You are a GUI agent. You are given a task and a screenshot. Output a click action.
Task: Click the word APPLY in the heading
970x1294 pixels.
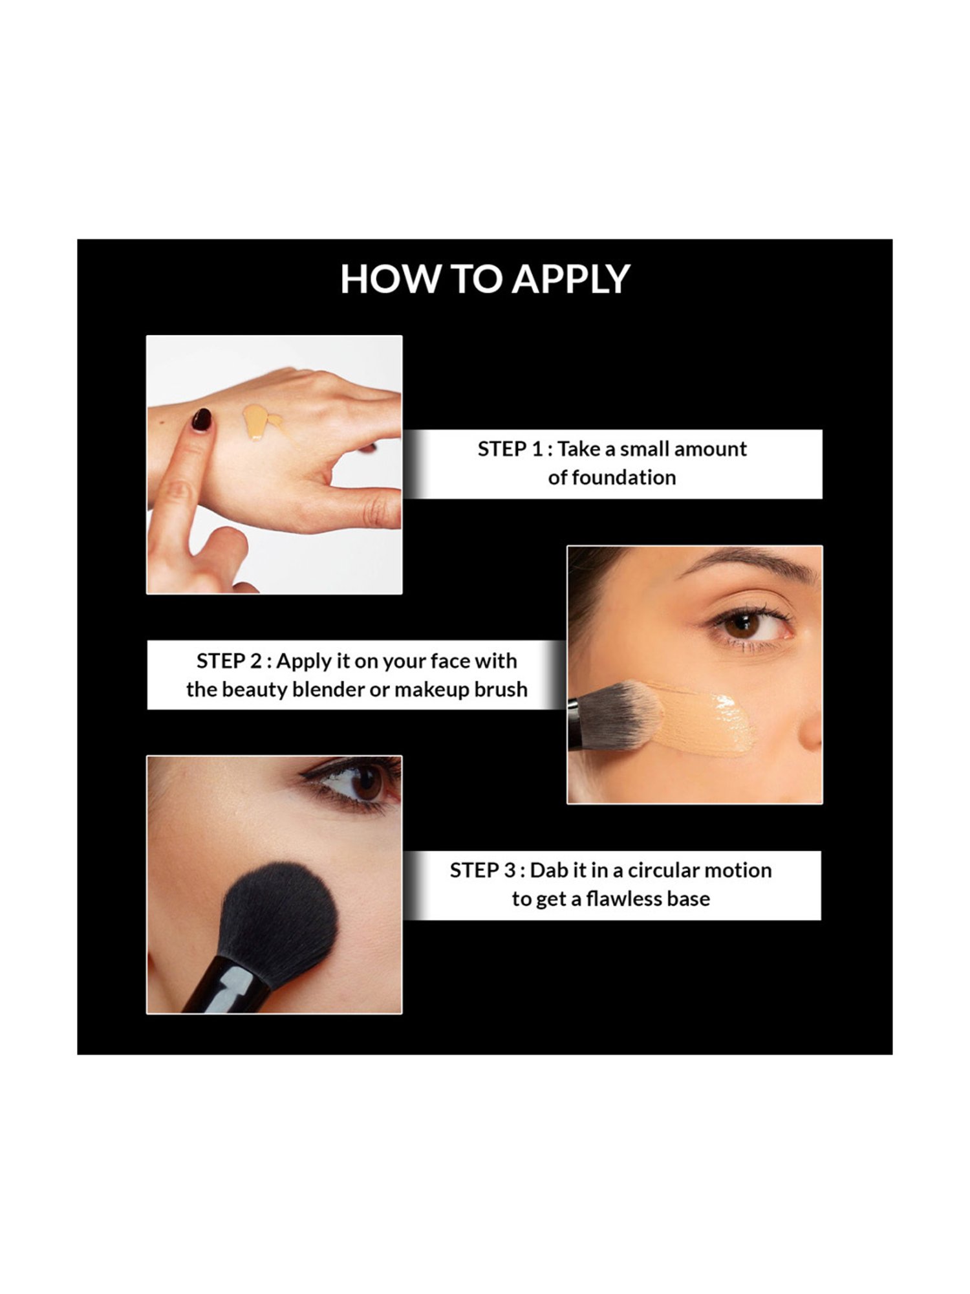coord(571,280)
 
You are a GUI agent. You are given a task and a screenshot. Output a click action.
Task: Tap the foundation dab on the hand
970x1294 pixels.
coord(259,421)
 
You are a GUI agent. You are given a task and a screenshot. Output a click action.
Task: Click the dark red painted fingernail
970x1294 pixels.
coord(202,420)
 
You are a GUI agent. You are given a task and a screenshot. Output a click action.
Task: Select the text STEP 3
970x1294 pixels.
coord(482,871)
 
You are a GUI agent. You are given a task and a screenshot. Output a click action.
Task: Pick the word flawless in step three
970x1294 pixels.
coord(625,899)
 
